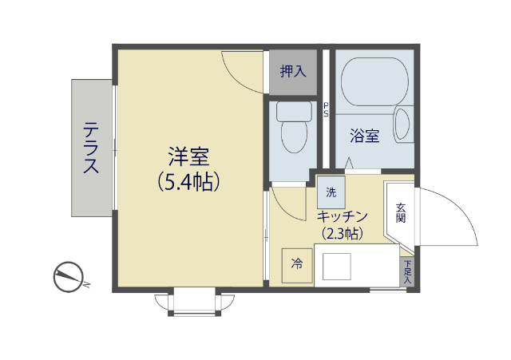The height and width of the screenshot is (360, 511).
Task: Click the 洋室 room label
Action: pos(188,154)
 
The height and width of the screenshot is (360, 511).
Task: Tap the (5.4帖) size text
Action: pos(189,182)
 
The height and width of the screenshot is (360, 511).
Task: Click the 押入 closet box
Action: pos(293,71)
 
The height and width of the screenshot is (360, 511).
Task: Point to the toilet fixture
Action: pos(294,128)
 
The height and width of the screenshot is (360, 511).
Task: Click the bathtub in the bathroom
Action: pos(373,81)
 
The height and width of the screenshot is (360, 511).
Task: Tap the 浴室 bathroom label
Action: pos(365,136)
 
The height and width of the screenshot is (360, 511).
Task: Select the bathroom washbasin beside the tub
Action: pos(402,125)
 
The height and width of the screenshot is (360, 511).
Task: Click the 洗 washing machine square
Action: pos(331,193)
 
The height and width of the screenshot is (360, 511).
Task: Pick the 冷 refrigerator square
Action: pos(297,264)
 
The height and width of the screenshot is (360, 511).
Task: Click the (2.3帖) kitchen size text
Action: pos(342,234)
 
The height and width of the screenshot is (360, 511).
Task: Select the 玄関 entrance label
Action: pos(401,212)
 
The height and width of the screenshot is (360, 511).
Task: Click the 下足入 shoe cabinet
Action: pos(407,272)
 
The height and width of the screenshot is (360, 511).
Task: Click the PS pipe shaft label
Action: pos(326,109)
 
